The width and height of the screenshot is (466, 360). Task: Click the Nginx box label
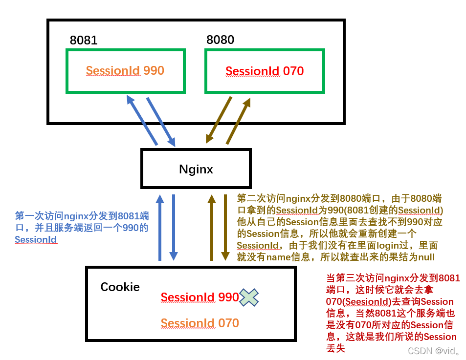pyautogui.click(x=196, y=169)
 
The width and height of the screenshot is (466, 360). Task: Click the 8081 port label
pyautogui.click(x=84, y=40)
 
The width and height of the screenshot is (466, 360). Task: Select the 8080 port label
pyautogui.click(x=220, y=40)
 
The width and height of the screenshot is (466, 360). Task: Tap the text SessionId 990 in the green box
pyautogui.click(x=125, y=71)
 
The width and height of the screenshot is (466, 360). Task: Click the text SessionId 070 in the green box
pyautogui.click(x=265, y=71)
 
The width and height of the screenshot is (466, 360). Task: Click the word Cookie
pyautogui.click(x=120, y=287)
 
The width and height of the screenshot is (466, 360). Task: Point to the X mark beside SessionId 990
pyautogui.click(x=249, y=297)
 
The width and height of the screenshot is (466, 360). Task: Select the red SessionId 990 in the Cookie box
pyautogui.click(x=200, y=297)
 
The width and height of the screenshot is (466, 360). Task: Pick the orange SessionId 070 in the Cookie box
pyautogui.click(x=200, y=323)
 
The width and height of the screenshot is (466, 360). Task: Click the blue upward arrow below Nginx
pyautogui.click(x=159, y=227)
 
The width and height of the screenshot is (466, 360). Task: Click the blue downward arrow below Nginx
pyautogui.click(x=173, y=227)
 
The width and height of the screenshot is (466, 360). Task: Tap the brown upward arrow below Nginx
pyautogui.click(x=212, y=227)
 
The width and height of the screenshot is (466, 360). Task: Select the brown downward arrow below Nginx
pyautogui.click(x=225, y=227)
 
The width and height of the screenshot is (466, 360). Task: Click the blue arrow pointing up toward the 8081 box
pyautogui.click(x=142, y=120)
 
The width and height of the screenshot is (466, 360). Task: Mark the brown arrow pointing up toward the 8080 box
pyautogui.click(x=239, y=121)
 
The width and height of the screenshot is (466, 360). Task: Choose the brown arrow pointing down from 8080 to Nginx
pyautogui.click(x=219, y=120)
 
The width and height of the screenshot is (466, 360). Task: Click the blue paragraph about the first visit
pyautogui.click(x=82, y=228)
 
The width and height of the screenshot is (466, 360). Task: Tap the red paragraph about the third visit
pyautogui.click(x=392, y=313)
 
